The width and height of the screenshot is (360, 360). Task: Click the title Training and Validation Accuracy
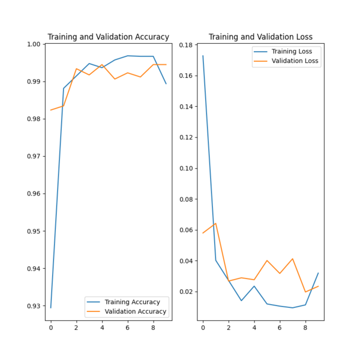tap(108, 37)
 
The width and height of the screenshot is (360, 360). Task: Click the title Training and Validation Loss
tap(260, 37)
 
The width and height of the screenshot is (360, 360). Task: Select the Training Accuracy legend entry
tap(132, 302)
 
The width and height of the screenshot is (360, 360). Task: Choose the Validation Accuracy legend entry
tap(135, 311)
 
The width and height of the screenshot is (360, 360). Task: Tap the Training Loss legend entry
tap(292, 52)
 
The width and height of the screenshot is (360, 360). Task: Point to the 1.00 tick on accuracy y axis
tap(33, 44)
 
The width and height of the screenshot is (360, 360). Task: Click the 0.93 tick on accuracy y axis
tap(33, 306)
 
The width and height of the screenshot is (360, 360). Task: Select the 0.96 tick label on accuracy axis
tap(33, 194)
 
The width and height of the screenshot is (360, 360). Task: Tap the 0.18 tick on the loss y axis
tap(185, 45)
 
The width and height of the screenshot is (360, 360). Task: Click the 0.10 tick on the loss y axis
tap(185, 169)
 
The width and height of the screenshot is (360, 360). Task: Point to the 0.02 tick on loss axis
tap(185, 292)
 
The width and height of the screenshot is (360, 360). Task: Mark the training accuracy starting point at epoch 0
tap(50, 308)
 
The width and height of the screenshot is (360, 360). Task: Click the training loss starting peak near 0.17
tap(203, 56)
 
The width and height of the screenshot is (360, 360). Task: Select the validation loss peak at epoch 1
tap(215, 223)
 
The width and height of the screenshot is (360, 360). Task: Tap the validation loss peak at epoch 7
tap(292, 259)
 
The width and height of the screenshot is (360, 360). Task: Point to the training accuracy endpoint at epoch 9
tap(166, 83)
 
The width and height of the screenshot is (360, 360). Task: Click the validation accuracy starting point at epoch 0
tap(50, 110)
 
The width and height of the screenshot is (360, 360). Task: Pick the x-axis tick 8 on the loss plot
tap(305, 328)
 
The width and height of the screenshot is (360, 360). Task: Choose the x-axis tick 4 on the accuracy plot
tap(102, 328)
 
